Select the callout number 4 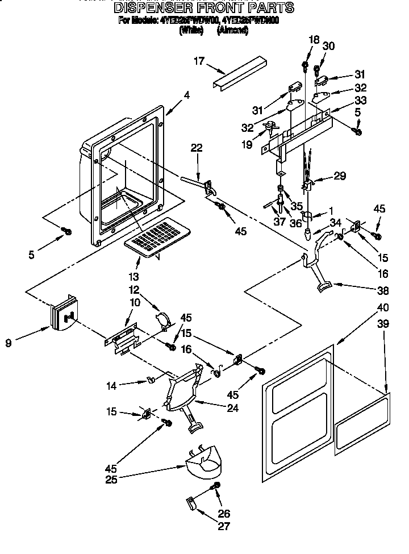(x=186, y=96)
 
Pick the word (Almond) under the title (x=232, y=31)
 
